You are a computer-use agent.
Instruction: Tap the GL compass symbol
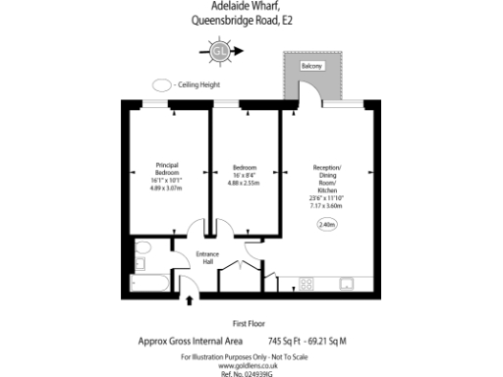pos(221,51)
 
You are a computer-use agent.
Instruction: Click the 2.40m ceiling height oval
pos(326,226)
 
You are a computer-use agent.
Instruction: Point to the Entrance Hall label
pos(207,258)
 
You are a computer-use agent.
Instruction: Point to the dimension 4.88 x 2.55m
pos(244,183)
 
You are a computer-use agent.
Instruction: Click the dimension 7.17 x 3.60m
pos(325,206)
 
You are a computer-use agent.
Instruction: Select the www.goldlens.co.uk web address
pos(251,363)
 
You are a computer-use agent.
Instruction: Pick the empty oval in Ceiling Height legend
pos(161,85)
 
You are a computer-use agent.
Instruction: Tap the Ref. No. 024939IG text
pos(251,373)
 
